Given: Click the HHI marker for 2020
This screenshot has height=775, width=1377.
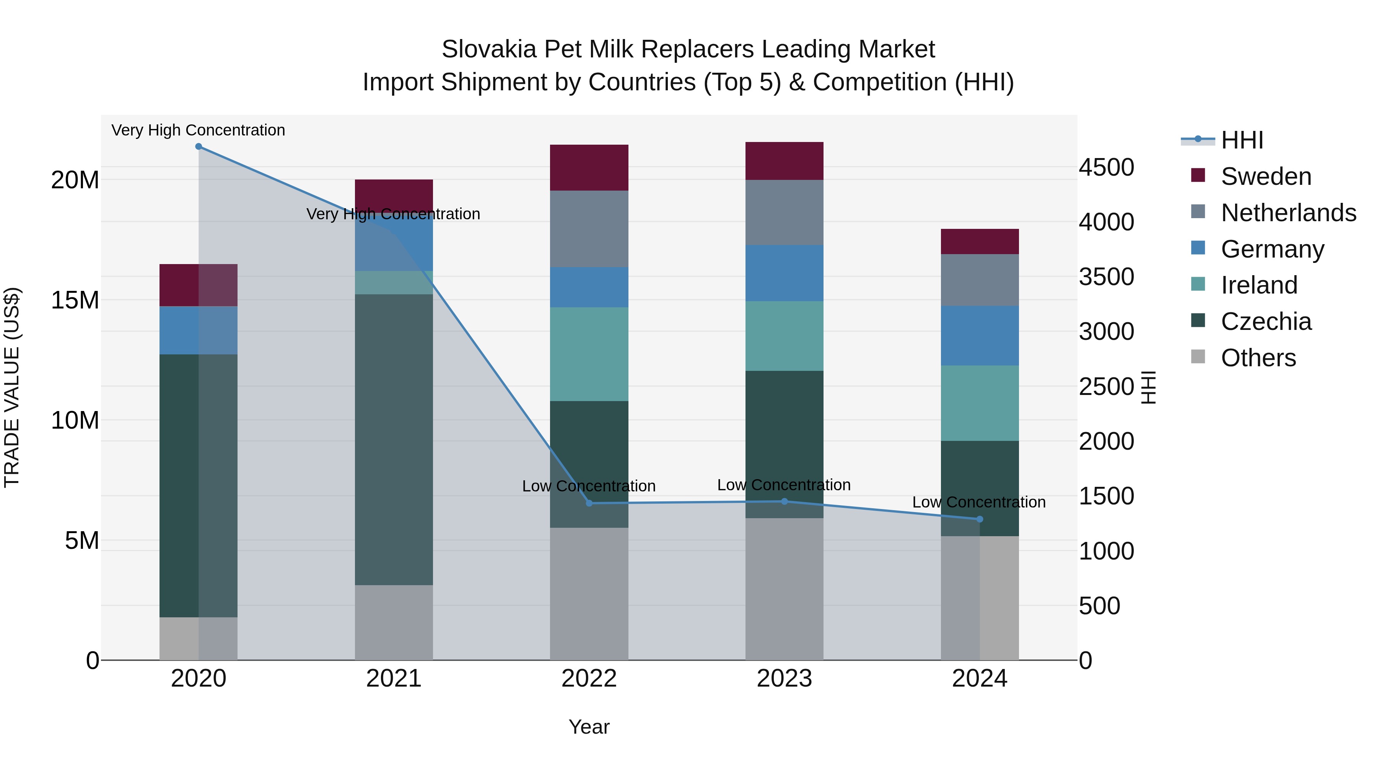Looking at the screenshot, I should [x=198, y=147].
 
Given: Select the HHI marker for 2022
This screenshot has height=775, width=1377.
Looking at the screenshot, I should [x=589, y=503].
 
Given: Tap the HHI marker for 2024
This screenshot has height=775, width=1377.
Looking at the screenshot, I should [x=979, y=519].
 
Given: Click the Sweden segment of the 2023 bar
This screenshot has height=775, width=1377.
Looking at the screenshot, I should [x=784, y=161].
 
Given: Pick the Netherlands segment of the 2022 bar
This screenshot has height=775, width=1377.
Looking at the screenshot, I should [x=589, y=229].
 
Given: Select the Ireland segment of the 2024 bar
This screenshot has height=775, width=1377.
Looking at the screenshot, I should [x=979, y=403].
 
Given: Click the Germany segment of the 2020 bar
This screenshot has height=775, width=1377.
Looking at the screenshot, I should [x=198, y=331].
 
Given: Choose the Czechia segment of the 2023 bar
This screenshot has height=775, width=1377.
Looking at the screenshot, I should [x=784, y=444].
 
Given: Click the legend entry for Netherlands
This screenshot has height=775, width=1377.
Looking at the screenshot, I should [x=1288, y=213].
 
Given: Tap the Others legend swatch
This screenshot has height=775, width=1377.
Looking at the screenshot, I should [x=1198, y=357].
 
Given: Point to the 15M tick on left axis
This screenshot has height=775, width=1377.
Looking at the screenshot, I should [x=75, y=300].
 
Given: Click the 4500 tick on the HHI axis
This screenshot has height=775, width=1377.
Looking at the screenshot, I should [x=1106, y=167].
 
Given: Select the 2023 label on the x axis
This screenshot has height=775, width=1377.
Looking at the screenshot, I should [x=784, y=679].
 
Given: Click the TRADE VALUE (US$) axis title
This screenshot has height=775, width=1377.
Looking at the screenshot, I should [x=12, y=387].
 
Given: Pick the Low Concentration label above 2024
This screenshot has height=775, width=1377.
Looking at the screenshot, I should [x=979, y=502].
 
